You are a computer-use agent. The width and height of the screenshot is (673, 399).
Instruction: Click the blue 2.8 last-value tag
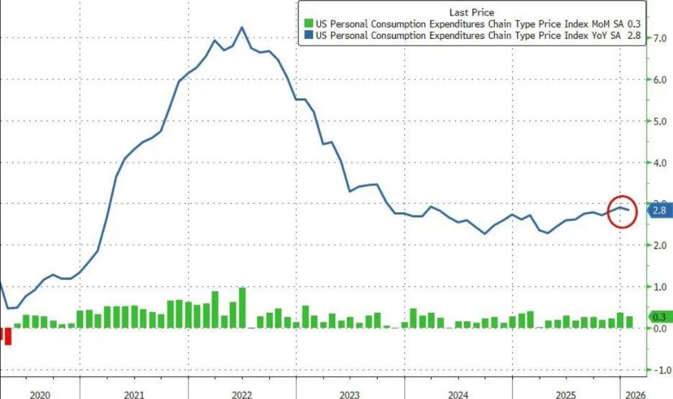pyautogui.click(x=659, y=211)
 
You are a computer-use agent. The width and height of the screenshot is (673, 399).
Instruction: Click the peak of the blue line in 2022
pyautogui.click(x=242, y=28)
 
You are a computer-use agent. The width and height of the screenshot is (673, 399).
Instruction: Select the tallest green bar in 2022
pyautogui.click(x=242, y=308)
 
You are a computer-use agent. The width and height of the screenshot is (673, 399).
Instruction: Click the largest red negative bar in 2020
pyautogui.click(x=9, y=336)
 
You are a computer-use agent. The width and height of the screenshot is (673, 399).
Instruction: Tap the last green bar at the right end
pyautogui.click(x=630, y=321)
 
